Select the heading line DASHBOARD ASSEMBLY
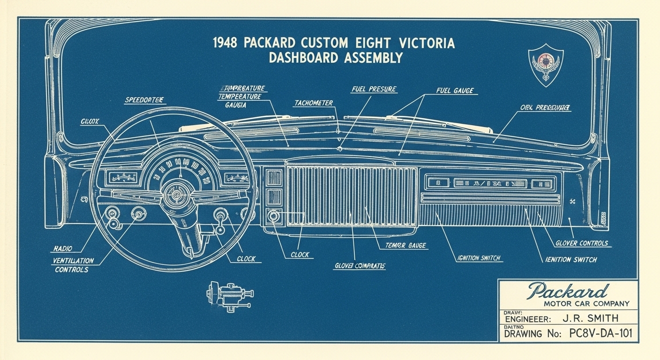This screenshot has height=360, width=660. click(x=336, y=58)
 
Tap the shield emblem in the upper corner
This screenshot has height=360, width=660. click(x=546, y=64)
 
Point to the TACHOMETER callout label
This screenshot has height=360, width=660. click(x=314, y=103)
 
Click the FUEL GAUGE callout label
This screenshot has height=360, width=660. click(x=455, y=90)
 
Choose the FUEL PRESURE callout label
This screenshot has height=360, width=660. click(x=374, y=89)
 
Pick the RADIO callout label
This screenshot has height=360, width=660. click(x=63, y=249)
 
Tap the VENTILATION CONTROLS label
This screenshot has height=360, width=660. click(x=73, y=265)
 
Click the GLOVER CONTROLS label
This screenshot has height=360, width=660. click(x=581, y=243)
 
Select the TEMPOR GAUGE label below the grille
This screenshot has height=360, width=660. click(x=405, y=245)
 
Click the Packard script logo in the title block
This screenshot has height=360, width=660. click(x=568, y=291)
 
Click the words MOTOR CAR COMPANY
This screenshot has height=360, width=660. click(x=586, y=304)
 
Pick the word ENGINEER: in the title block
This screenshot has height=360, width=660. click(x=527, y=319)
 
